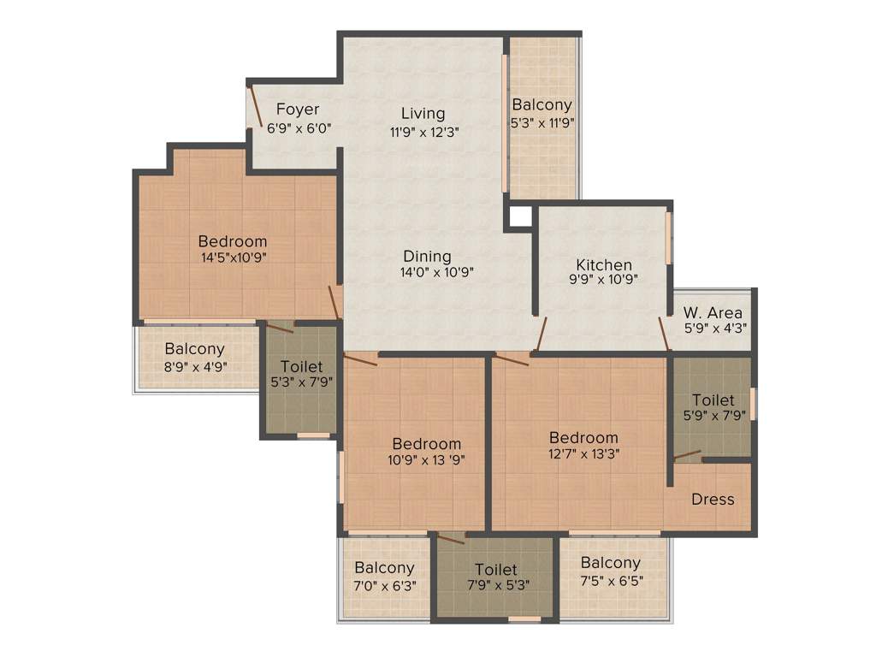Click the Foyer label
coord(298,109)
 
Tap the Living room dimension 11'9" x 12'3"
coord(424,132)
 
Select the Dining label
coord(427,256)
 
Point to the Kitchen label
coord(604,264)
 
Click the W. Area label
coord(713,313)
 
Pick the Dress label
coord(713,499)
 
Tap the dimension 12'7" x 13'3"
coord(583,454)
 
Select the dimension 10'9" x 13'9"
coord(426,460)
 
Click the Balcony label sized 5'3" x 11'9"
coord(542,104)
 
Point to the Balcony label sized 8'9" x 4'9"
coord(195,349)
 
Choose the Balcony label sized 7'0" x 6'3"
coord(384,567)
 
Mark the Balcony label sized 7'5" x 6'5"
coord(610,562)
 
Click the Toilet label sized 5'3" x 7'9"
coord(301,366)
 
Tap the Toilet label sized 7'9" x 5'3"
coord(495,569)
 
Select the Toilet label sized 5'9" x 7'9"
coord(713,400)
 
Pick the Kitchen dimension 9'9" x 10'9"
coord(604,280)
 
